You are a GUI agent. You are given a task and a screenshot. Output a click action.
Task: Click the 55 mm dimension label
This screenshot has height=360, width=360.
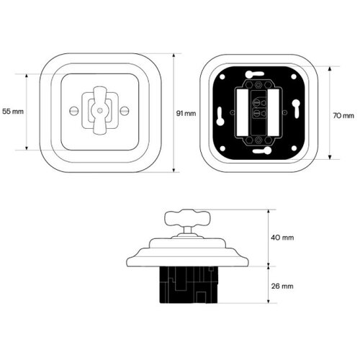click(13, 112)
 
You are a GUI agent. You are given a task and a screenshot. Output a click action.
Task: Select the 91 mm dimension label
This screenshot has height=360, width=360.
click(186, 113)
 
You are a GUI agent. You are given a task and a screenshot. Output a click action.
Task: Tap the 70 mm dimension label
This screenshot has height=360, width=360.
click(343, 116)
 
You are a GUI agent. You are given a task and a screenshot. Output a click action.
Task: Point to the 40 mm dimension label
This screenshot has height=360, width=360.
click(282, 238)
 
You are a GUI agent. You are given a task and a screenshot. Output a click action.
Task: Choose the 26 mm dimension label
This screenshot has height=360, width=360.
click(282, 286)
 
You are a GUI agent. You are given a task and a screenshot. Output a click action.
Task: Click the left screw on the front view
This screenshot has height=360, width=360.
click(74, 111)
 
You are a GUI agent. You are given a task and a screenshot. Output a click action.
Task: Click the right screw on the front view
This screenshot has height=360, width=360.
click(125, 111)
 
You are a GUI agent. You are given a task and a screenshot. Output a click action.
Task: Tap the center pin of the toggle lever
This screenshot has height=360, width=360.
click(99, 111)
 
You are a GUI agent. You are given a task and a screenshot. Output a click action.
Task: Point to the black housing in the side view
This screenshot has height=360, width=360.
click(189, 284)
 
